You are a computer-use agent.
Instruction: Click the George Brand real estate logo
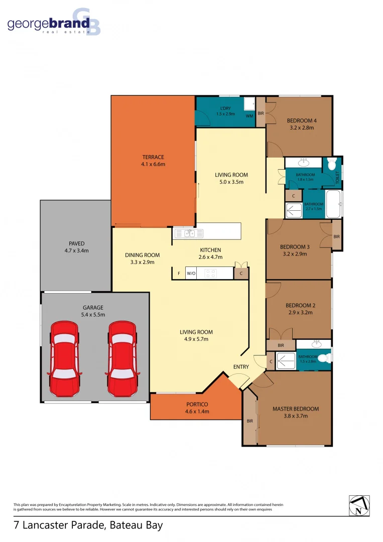coord(54,23)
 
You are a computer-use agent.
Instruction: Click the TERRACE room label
coord(153,157)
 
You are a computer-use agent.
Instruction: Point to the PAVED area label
coord(77,243)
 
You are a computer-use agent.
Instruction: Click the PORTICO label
coord(196,404)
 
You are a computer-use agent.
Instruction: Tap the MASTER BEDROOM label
coord(295,409)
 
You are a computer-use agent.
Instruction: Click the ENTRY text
coord(241,367)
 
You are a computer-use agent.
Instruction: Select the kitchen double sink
coord(189,233)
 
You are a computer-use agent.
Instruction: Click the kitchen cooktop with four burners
coord(210,274)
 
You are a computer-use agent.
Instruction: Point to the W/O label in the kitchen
coord(191,274)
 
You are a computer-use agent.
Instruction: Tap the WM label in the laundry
coord(249,116)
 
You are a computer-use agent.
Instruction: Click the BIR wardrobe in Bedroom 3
coord(337,235)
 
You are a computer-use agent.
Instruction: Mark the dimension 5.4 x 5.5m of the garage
coord(93,315)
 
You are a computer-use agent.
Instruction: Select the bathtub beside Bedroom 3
coord(333,204)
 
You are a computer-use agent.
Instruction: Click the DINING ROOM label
coord(143,255)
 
